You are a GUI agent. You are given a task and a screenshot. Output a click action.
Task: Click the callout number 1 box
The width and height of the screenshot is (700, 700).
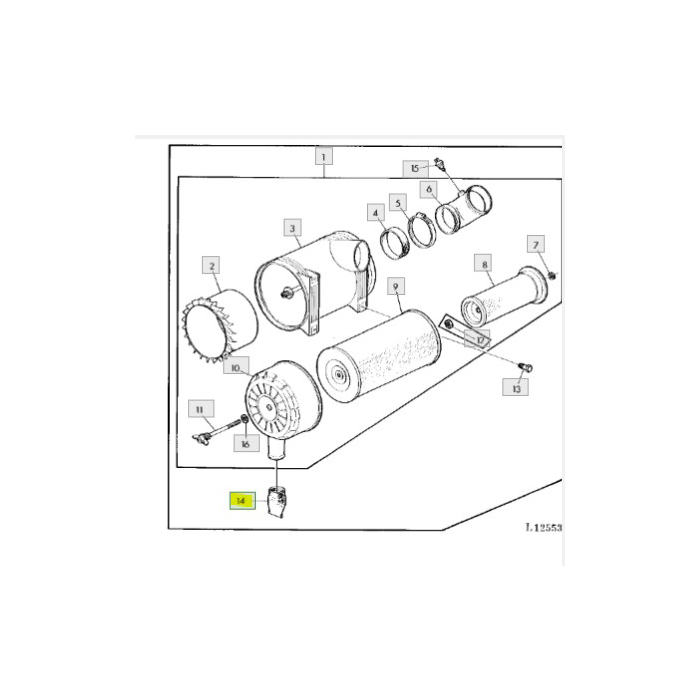pos(324,156)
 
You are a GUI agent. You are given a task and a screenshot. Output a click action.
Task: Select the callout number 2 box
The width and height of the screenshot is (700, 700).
pos(211,265)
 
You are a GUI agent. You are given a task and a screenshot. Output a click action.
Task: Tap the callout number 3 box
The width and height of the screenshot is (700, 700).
pos(292,229)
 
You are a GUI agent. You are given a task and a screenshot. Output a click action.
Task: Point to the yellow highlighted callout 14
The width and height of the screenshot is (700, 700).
pos(240,500)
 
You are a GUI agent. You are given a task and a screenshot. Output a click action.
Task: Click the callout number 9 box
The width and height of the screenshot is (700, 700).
pos(395,287)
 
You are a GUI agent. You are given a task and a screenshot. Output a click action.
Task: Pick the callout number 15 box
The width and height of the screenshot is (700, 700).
pos(414,167)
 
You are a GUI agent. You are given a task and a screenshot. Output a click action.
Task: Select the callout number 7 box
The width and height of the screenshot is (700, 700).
pos(536,245)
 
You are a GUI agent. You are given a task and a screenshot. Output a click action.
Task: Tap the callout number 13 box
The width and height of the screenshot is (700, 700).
pos(516,388)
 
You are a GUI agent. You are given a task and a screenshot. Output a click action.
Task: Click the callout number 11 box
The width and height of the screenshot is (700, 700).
pos(200,408)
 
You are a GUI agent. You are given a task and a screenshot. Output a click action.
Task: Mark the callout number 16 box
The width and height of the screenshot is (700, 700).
pos(243,442)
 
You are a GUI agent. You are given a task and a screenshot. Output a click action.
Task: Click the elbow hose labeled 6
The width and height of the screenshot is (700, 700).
pos(466,210)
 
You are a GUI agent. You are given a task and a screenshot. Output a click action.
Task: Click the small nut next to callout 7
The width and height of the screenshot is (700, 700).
pos(552,275)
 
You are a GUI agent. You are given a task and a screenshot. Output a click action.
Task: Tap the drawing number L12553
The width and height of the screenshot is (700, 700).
pos(543,526)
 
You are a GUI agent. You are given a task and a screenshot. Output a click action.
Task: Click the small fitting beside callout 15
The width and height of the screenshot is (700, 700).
pos(441,165)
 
